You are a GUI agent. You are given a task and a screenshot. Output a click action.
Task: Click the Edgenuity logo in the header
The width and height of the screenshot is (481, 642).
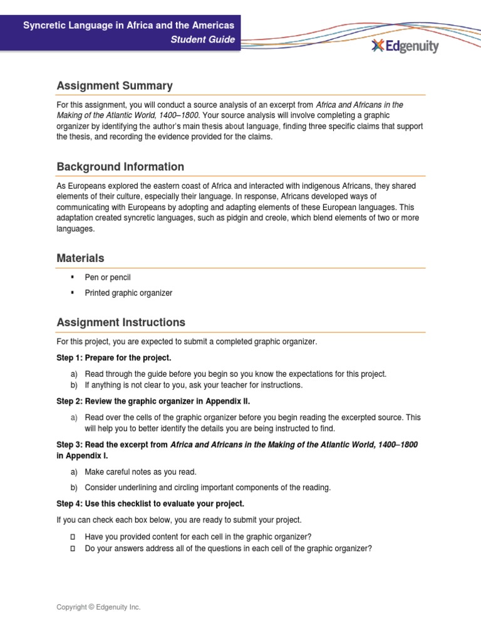(405, 46)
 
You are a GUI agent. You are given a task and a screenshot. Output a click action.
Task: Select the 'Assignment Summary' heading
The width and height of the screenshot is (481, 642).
(115, 86)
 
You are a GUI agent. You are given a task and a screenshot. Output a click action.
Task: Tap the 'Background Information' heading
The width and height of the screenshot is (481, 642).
(120, 167)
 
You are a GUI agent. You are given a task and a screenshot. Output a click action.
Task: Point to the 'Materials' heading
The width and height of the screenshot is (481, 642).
(80, 258)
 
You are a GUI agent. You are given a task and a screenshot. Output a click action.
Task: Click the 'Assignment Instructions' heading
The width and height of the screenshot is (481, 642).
(121, 322)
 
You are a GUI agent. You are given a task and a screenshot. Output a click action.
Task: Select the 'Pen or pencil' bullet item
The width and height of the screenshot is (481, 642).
(108, 277)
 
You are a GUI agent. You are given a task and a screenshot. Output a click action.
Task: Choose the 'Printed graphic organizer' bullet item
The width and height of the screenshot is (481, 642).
(128, 293)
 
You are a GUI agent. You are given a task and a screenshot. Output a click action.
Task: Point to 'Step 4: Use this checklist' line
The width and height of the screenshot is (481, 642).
(150, 504)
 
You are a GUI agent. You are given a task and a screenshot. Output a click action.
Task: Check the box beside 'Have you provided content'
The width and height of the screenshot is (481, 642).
(73, 536)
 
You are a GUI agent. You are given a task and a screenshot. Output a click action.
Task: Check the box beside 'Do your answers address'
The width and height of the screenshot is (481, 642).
(73, 548)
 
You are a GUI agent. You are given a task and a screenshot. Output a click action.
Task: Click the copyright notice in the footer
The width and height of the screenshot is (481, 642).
(98, 607)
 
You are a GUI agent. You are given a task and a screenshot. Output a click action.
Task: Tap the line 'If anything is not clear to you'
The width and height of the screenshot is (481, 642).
(194, 385)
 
